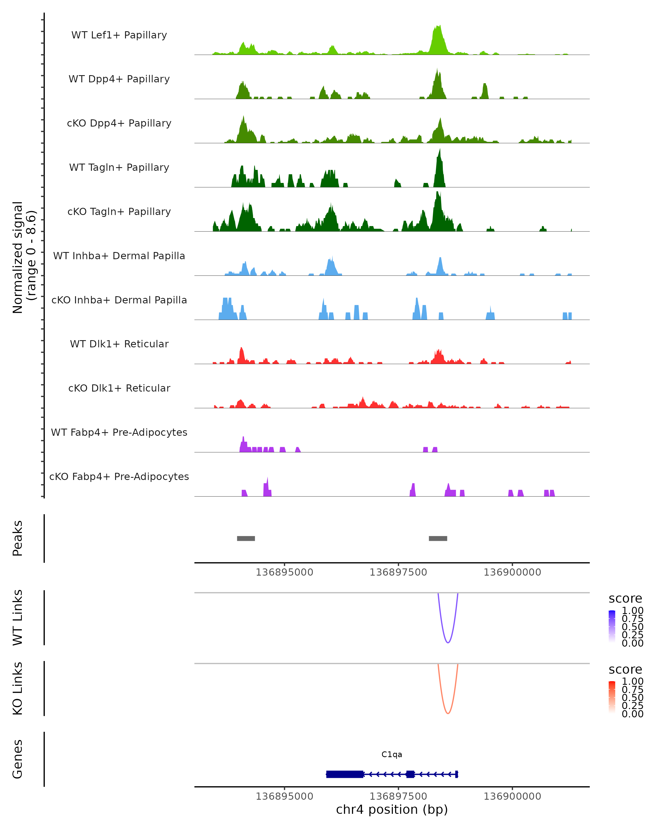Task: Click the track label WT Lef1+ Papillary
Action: pos(119,35)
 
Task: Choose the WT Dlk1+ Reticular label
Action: pos(119,344)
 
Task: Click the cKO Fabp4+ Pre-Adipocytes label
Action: pos(119,476)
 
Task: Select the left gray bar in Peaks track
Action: pos(246,538)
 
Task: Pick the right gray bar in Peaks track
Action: pos(438,538)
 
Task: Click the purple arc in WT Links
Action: pos(448,642)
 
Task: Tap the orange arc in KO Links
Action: pos(448,713)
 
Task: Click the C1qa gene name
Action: pos(392,754)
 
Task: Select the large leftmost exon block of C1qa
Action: pos(345,774)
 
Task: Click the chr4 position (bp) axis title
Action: pos(392,810)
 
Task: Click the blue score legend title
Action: pos(625,599)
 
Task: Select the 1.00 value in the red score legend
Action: pos(633,681)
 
